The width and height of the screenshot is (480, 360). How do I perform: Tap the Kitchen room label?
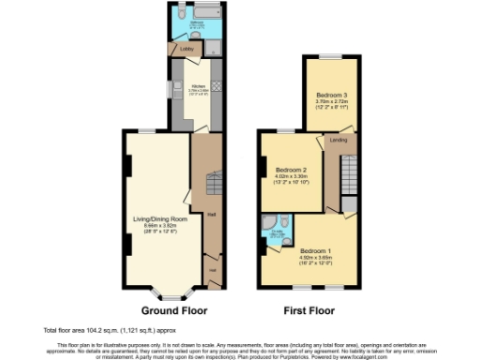pos(199,85)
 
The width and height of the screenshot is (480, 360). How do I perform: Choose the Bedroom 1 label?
pos(315,250)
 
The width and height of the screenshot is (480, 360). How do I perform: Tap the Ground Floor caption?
pos(173,309)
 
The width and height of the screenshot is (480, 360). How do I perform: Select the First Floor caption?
pos(309,309)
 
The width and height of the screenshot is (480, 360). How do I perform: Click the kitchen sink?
pos(175,91)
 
